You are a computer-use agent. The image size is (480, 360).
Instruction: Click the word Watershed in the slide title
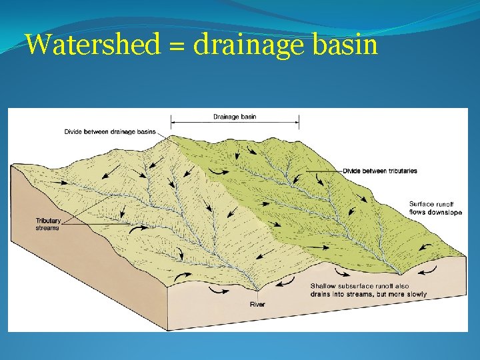[x=93, y=45]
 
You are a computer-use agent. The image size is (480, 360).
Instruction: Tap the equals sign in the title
[x=177, y=46]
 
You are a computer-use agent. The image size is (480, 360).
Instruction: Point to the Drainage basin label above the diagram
[x=235, y=117]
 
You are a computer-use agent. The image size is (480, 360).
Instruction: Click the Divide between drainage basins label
[x=110, y=131]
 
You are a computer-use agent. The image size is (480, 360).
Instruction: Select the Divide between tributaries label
[x=379, y=171]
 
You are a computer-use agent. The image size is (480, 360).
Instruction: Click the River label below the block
[x=257, y=305]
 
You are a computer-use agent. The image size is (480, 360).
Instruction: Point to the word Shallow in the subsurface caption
[x=323, y=286]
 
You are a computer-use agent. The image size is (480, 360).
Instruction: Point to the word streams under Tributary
[x=47, y=228]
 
